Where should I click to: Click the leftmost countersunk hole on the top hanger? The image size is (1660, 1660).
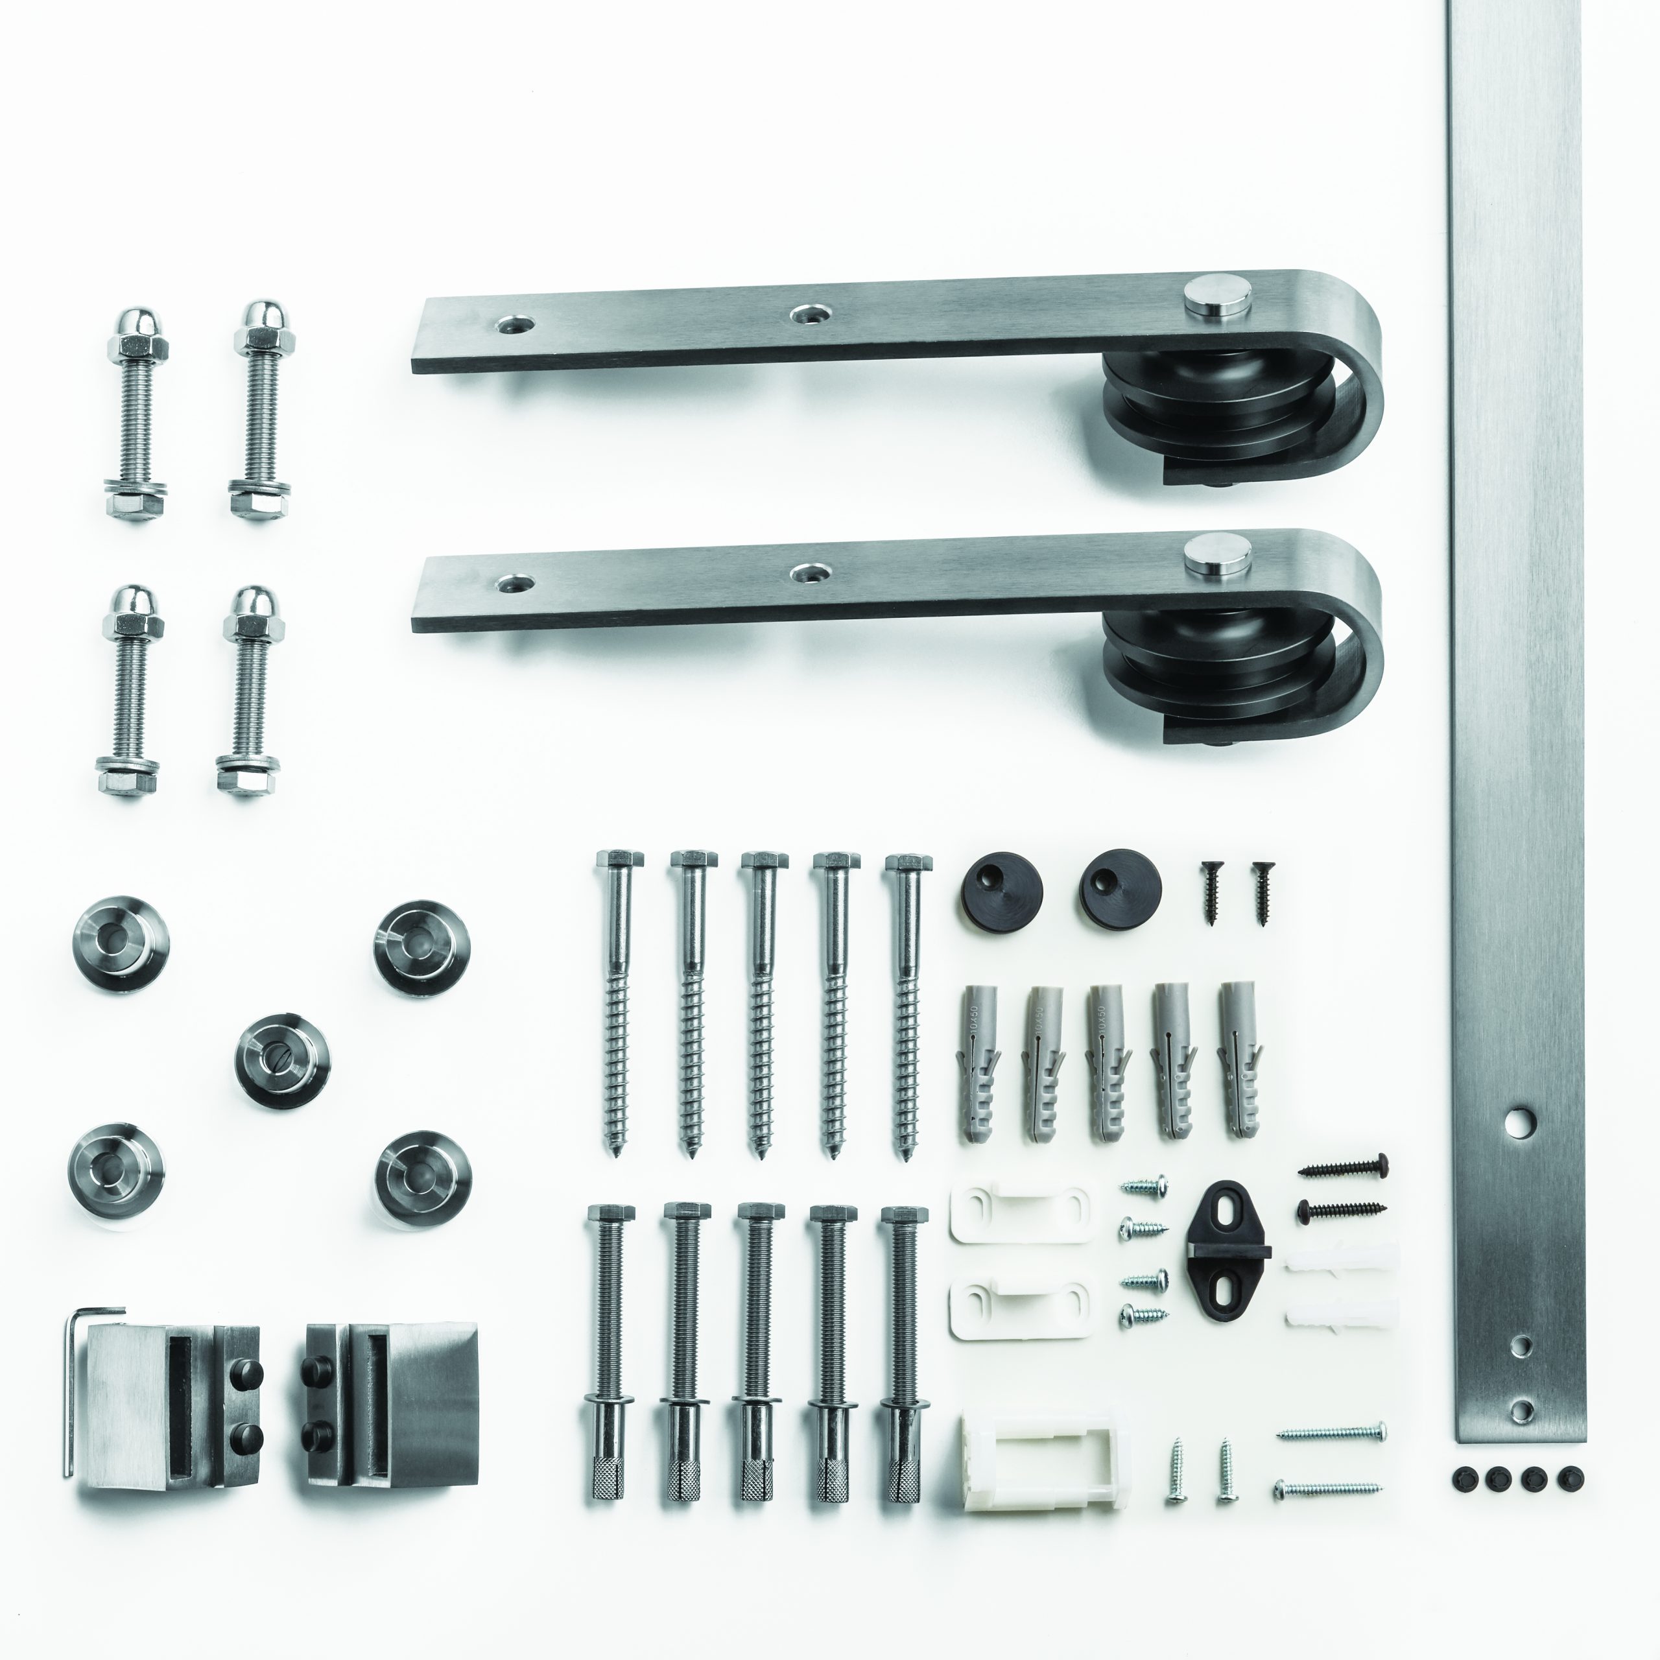pos(513,325)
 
